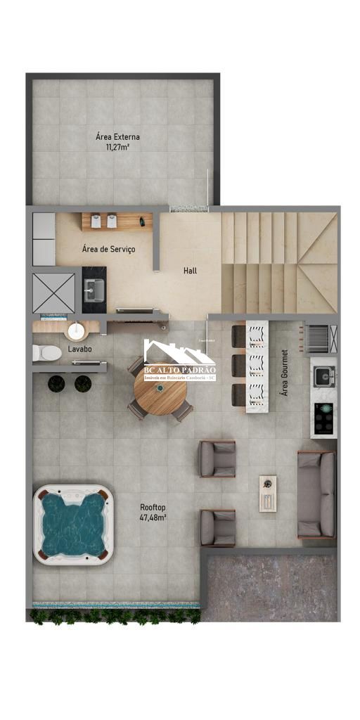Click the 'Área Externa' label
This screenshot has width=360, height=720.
tap(117, 136)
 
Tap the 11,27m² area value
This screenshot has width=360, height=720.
tap(117, 148)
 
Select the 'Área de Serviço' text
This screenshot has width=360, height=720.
tap(108, 250)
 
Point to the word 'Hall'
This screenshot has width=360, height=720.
tap(190, 270)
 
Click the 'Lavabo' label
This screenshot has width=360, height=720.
tap(79, 349)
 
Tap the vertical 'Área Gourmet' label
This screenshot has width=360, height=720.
tap(285, 373)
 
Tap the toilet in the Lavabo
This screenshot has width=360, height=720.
tap(47, 352)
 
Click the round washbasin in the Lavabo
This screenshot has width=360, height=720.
tap(75, 330)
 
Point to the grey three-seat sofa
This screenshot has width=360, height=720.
tap(316, 494)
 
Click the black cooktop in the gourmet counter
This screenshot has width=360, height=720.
tap(323, 419)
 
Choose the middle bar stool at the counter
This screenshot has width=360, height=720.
tap(239, 364)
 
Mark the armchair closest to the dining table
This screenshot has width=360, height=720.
tap(217, 458)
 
